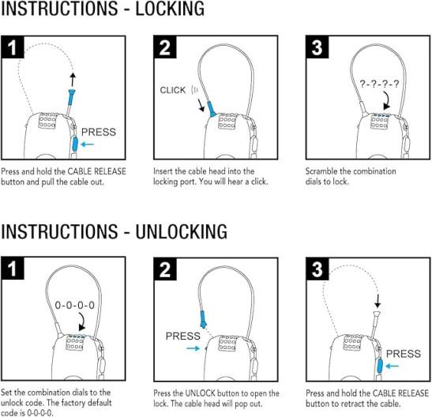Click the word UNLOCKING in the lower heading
(182, 231)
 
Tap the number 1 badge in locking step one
(13, 47)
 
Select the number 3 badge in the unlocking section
(317, 269)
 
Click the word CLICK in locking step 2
(173, 90)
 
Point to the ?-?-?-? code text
(379, 84)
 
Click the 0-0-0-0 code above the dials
(75, 305)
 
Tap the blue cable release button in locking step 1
(75, 145)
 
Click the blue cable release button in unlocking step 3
(380, 366)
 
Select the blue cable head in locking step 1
(71, 97)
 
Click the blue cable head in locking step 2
(212, 109)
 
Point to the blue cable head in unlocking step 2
(203, 320)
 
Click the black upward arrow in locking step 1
(73, 80)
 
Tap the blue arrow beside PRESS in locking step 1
(88, 144)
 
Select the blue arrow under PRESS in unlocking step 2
(193, 348)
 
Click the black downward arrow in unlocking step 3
(378, 301)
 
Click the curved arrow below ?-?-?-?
(386, 100)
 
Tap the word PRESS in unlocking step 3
(404, 354)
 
